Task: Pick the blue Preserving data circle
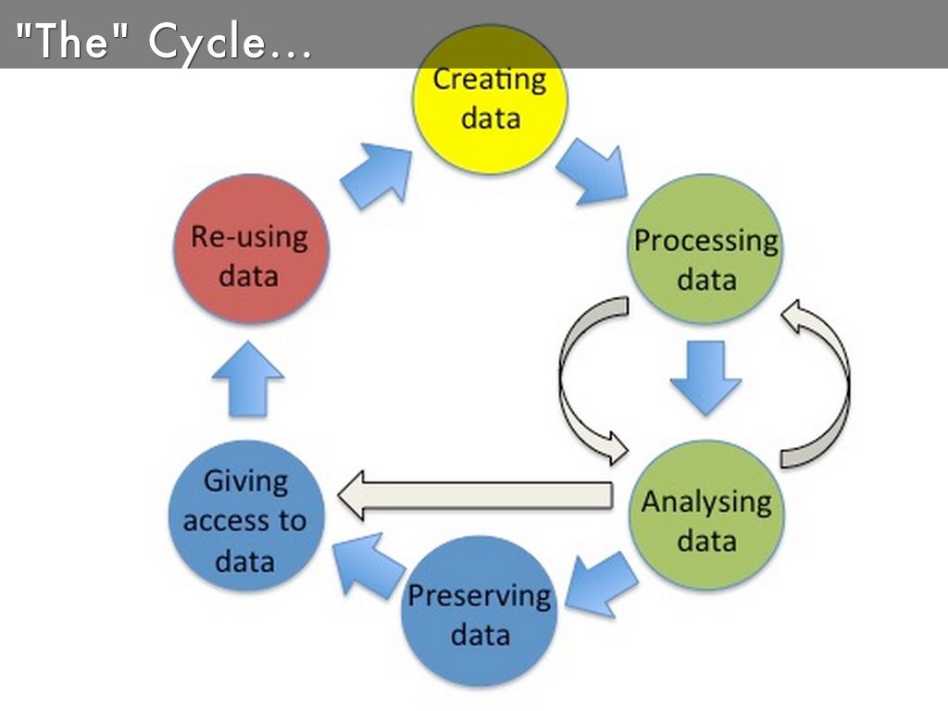480,613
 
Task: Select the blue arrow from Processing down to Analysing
705,375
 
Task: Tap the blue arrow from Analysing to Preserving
602,582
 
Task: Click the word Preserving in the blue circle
480,594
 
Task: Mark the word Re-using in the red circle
248,236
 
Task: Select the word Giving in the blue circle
245,480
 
